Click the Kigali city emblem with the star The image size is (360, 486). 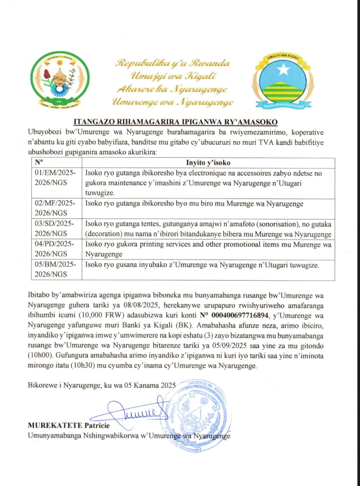283,82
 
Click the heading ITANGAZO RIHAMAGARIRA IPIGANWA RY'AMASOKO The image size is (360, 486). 175,122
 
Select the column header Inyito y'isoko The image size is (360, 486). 208,163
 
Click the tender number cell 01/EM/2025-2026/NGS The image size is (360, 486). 55,178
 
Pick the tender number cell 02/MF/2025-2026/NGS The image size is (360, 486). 55,208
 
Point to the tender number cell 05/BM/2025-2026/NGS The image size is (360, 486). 55,269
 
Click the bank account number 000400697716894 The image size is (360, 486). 239,315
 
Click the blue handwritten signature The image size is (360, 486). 134,413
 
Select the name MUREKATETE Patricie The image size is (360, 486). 69,426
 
